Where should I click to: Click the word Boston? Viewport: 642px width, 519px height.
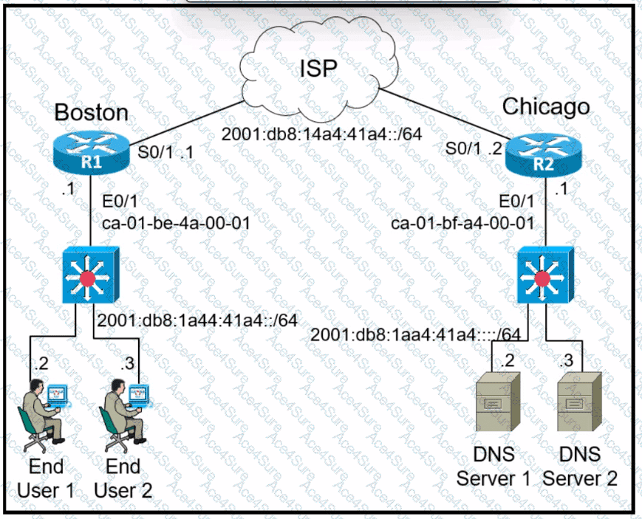92,112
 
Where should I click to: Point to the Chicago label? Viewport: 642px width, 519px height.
546,107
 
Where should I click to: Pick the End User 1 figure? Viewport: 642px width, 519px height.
45,414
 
